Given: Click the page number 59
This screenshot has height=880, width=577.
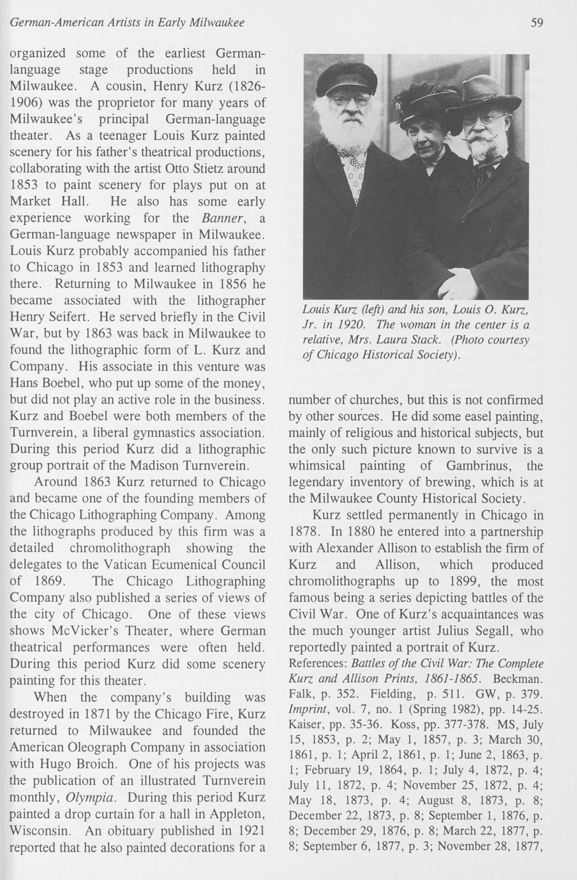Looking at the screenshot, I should coord(537,24).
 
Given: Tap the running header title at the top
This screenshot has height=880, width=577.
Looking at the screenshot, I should coord(127,24).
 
